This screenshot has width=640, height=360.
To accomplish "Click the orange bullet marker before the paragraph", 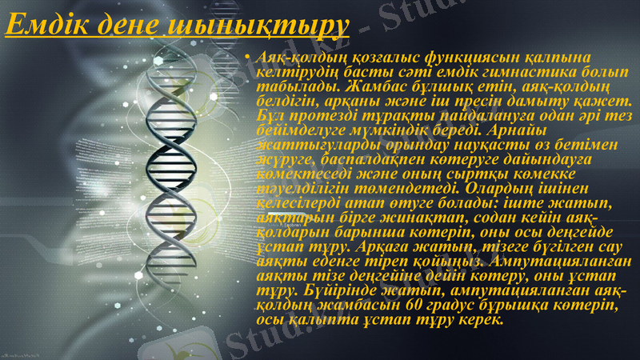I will pos(249,59).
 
